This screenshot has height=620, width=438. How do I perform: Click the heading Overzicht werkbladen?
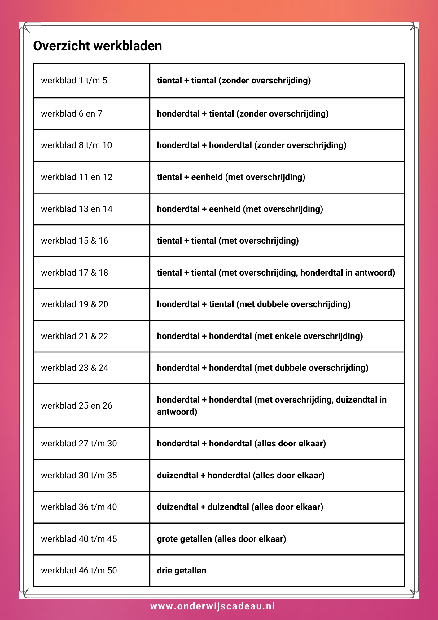98,46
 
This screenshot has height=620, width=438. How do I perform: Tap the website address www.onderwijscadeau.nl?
212,606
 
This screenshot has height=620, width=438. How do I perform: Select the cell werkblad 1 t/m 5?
74,81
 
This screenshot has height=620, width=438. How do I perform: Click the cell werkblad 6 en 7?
71,114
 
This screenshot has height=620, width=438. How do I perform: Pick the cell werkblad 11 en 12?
77,177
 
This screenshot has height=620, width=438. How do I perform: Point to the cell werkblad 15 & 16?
74,241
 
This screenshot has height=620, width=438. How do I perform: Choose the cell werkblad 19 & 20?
74,304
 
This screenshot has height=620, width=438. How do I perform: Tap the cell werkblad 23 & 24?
74,368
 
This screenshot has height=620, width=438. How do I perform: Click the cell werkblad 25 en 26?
77,406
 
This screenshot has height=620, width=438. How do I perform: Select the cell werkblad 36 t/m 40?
79,507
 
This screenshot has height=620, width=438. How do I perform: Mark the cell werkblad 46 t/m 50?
79,571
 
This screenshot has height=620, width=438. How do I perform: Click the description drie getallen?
182,571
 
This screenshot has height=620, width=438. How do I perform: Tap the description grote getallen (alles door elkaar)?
221,539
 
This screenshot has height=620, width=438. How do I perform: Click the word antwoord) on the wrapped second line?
177,412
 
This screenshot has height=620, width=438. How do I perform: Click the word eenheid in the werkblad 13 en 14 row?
225,209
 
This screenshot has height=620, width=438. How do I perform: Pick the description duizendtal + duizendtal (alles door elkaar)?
240,507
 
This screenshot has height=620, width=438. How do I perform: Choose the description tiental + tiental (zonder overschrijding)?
234,81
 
